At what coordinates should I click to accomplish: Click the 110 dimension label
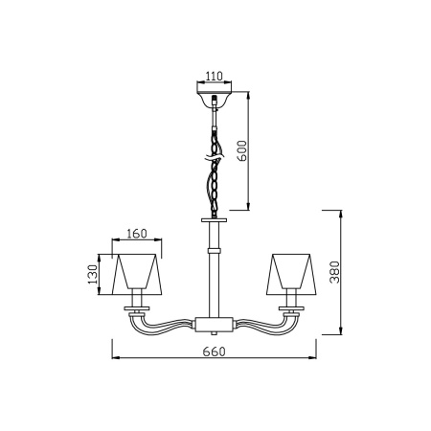pyautogui.click(x=214, y=77)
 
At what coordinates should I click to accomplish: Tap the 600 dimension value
pyautogui.click(x=242, y=151)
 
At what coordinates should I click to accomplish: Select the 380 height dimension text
pyautogui.click(x=335, y=272)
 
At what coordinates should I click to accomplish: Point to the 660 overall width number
pyautogui.click(x=214, y=352)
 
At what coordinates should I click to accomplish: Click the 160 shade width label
pyautogui.click(x=137, y=234)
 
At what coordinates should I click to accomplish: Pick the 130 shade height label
pyautogui.click(x=93, y=274)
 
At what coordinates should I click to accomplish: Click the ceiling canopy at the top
pyautogui.click(x=214, y=98)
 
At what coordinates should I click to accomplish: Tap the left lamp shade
pyautogui.click(x=137, y=274)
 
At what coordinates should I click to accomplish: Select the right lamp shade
pyautogui.click(x=291, y=274)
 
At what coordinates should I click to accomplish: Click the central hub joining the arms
pyautogui.click(x=214, y=325)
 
